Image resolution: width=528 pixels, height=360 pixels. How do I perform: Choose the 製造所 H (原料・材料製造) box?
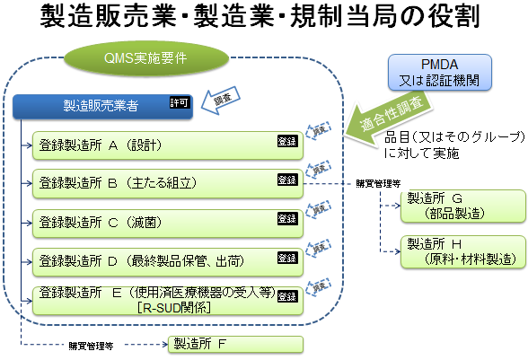coord(463,250)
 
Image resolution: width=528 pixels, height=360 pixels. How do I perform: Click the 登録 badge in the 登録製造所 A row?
coord(286,142)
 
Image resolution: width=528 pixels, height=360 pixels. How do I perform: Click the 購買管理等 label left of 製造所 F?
coord(90,345)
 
